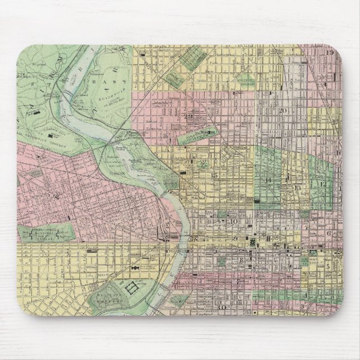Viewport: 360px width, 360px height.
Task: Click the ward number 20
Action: [x=283, y=111]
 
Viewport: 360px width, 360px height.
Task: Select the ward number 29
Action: [x=190, y=116]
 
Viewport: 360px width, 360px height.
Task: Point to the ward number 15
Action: [x=214, y=176]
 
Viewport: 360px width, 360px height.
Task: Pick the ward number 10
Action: [x=235, y=222]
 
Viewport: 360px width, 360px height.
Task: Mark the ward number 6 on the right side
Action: [x=329, y=233]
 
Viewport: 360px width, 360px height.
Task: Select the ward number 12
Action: [x=323, y=183]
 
